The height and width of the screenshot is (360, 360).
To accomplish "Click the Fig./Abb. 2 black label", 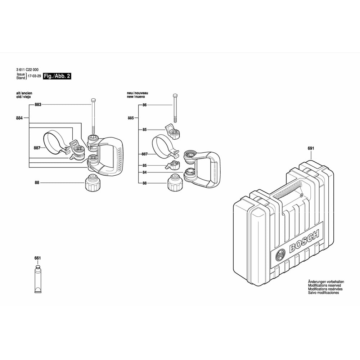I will coord(57,76).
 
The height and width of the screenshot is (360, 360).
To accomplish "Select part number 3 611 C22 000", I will coord(27,70).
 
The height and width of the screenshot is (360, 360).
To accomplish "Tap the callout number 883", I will coord(38,104).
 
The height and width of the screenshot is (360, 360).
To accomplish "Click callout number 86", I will coord(144,105).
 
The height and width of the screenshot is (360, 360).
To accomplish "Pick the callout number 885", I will coord(131,118).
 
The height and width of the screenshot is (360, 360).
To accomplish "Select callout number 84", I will coord(144,172).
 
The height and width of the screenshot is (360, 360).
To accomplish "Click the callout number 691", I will coord(311,148).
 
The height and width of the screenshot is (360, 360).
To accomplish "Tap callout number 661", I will coord(37,258).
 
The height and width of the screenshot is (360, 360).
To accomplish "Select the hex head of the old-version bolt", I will coord(93,100).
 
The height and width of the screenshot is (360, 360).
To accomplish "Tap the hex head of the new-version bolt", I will coord(175,95).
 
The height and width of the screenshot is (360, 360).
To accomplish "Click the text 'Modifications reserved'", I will coord(324,285).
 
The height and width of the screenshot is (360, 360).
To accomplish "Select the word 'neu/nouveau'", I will coord(138,93).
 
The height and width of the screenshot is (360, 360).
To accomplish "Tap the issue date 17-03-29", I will coord(34,76).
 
